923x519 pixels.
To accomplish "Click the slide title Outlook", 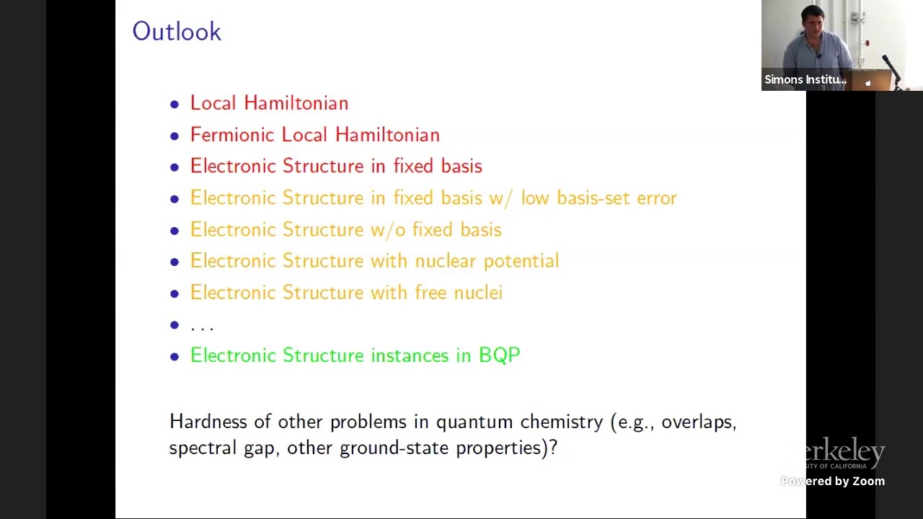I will pyautogui.click(x=177, y=32).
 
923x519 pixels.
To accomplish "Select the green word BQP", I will pyautogui.click(x=499, y=355).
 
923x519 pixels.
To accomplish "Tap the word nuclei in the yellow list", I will pyautogui.click(x=477, y=293).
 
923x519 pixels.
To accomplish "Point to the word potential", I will pyautogui.click(x=521, y=261).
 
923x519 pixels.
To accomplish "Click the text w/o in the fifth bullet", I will pyautogui.click(x=388, y=230).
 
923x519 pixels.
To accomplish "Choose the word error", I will pyautogui.click(x=656, y=198).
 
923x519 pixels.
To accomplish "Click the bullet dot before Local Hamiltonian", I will pyautogui.click(x=175, y=105).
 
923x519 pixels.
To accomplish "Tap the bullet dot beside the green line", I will pyautogui.click(x=175, y=356).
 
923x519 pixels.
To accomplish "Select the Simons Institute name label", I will pyautogui.click(x=805, y=80).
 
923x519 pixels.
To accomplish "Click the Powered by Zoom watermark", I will pyautogui.click(x=832, y=482).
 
